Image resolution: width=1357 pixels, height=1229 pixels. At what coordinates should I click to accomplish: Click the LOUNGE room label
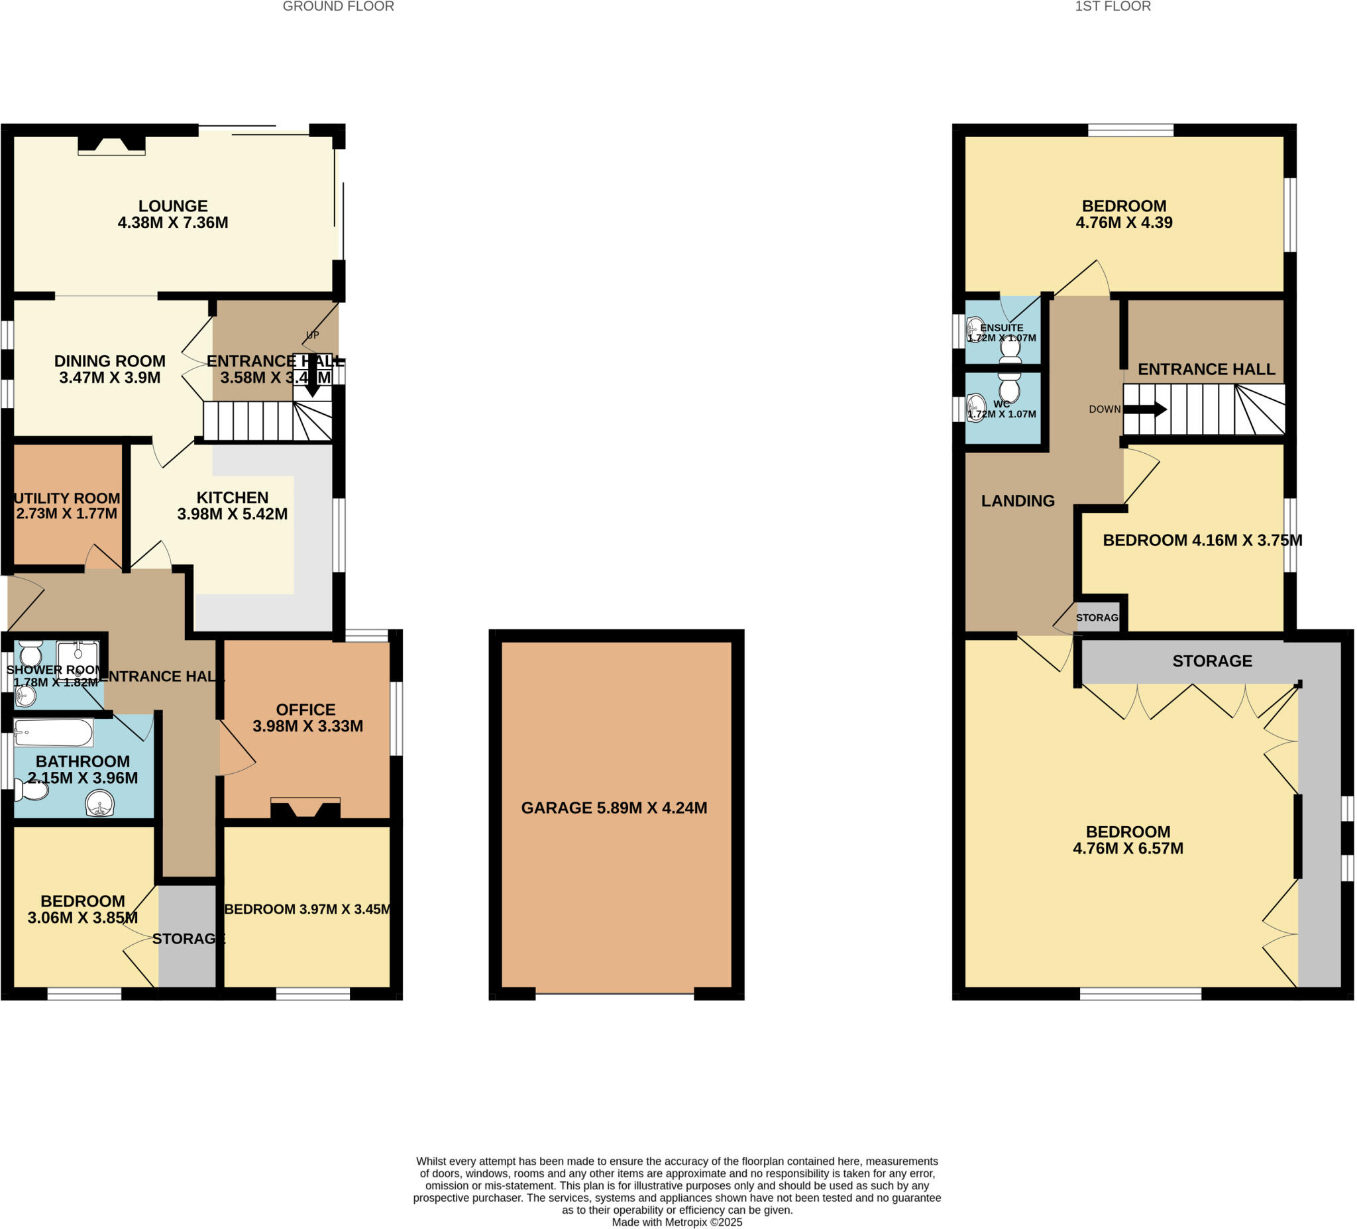click(x=173, y=206)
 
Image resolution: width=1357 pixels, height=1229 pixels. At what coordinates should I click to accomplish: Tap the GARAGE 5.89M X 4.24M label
click(x=614, y=808)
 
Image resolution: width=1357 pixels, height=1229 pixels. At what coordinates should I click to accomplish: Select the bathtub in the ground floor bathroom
click(x=53, y=733)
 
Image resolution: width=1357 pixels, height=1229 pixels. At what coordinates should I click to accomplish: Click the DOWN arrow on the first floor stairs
click(x=1145, y=409)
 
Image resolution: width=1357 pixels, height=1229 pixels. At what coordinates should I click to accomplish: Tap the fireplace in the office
click(x=305, y=809)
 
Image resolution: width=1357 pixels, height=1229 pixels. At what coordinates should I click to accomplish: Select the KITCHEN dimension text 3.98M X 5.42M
click(x=232, y=514)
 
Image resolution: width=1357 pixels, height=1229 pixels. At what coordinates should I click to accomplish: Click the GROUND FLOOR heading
click(x=338, y=7)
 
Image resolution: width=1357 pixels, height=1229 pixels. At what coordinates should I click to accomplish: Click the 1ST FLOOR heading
click(x=1113, y=7)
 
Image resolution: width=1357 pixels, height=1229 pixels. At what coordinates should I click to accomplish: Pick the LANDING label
click(x=1017, y=501)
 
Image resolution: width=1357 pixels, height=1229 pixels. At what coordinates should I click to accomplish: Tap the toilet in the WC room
click(x=1009, y=388)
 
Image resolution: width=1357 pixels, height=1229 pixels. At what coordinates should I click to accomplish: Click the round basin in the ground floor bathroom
click(x=100, y=802)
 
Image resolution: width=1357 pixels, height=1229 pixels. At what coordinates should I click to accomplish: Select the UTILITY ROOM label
click(x=67, y=498)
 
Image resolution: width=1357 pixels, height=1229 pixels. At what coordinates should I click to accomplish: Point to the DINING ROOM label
click(x=110, y=362)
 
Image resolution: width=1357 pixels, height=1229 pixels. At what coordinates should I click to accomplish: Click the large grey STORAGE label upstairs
click(x=1212, y=661)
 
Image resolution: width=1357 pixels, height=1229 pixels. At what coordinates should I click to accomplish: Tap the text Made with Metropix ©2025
click(x=677, y=1222)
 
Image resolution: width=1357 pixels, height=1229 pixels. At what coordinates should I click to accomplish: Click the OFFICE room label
click(x=305, y=710)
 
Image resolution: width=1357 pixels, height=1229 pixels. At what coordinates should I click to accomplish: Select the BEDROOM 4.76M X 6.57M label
click(x=1128, y=840)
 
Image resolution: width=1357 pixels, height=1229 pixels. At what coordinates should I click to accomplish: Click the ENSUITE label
click(x=1002, y=328)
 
